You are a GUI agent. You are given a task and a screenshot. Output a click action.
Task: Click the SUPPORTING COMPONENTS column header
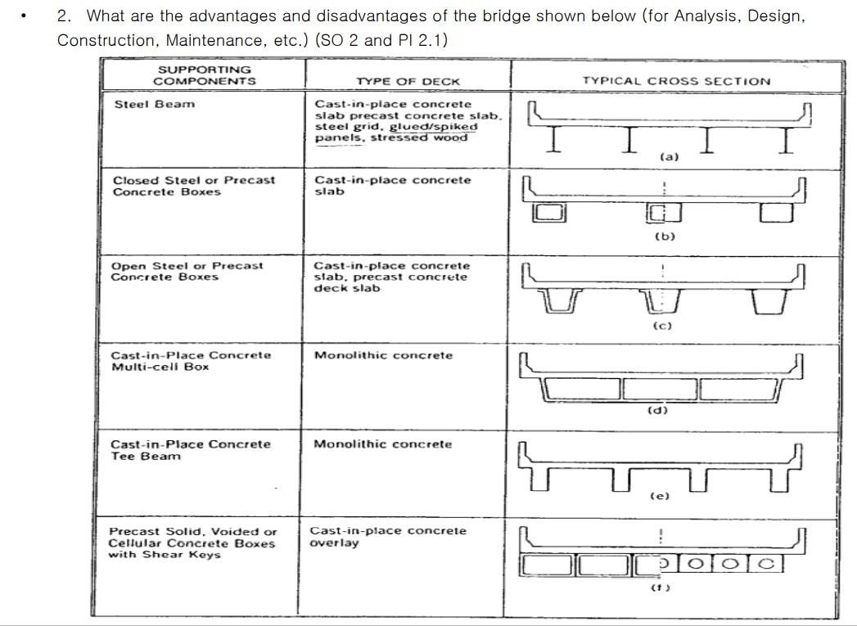click(204, 75)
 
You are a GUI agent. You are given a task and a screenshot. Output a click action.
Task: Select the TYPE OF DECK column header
click(408, 81)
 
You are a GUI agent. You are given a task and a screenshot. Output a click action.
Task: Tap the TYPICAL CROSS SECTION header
click(676, 81)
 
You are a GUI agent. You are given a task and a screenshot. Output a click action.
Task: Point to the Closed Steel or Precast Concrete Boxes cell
click(193, 186)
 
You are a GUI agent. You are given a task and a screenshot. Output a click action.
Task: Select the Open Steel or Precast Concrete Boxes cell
click(187, 271)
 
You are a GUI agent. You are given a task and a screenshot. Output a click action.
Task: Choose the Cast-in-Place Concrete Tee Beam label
click(190, 450)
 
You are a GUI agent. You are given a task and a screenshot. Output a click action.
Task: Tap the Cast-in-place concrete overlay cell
click(387, 536)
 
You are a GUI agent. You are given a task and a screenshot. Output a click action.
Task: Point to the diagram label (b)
click(665, 236)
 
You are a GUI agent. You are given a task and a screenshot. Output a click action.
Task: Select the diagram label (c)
click(662, 326)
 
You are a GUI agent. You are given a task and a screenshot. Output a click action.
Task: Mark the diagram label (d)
click(657, 410)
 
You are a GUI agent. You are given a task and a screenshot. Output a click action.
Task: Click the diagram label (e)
click(659, 496)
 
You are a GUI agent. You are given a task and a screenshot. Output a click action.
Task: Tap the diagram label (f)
click(660, 587)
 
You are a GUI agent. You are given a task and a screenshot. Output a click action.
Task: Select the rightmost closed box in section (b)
click(775, 213)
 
